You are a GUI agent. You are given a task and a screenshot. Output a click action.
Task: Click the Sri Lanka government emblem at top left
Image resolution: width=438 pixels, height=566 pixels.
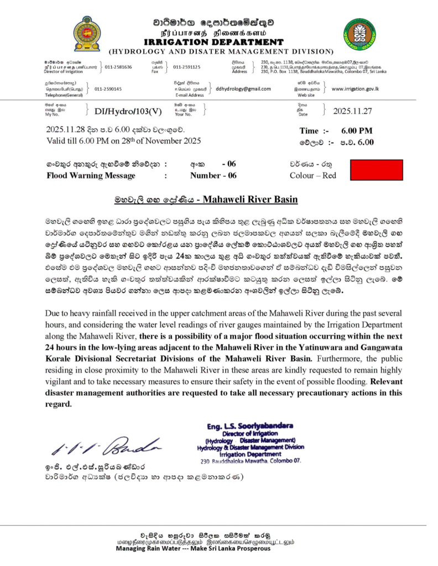click(87, 34)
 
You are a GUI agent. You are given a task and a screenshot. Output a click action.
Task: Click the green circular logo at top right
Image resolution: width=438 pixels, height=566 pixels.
click(359, 34)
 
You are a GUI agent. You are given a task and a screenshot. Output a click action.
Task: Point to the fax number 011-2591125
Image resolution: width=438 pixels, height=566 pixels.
click(187, 67)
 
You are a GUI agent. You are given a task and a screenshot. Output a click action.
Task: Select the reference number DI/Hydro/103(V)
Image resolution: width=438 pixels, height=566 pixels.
click(128, 111)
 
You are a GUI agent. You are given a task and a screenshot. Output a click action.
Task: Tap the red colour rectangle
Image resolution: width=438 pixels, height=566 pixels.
click(377, 170)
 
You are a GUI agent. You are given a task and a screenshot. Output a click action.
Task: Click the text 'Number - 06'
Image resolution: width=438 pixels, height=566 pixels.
click(213, 176)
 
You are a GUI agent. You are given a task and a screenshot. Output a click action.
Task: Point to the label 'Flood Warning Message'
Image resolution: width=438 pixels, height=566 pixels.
click(91, 176)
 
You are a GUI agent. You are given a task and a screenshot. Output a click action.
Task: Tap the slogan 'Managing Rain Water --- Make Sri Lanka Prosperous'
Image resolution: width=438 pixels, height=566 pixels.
click(193, 549)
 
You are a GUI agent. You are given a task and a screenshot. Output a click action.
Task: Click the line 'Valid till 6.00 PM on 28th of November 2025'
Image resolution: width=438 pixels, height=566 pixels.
click(123, 141)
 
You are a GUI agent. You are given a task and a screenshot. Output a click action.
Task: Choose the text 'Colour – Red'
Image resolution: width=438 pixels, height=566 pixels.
click(313, 176)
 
